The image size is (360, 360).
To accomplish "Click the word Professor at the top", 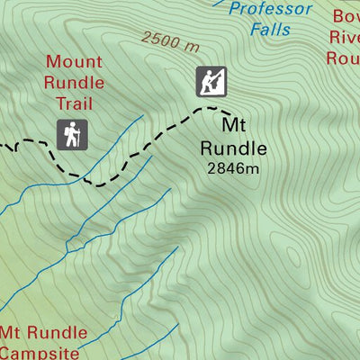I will pos(270,10).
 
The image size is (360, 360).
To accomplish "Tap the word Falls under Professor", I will pos(271,30).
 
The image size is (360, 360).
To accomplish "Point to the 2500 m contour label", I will pos(170,41).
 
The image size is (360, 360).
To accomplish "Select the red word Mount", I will pos(75,62).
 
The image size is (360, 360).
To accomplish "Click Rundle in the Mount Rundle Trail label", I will pos(75,83).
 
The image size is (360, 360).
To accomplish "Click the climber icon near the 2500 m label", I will pos(211,82).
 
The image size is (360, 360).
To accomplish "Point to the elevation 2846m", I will pos(232,167).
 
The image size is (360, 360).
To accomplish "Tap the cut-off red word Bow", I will pos(346,17).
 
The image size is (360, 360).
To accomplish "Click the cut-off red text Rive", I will pos(344,38).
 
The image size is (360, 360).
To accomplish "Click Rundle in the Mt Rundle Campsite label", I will pos(57,332).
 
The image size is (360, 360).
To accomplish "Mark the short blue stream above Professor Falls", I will pos(219,3).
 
